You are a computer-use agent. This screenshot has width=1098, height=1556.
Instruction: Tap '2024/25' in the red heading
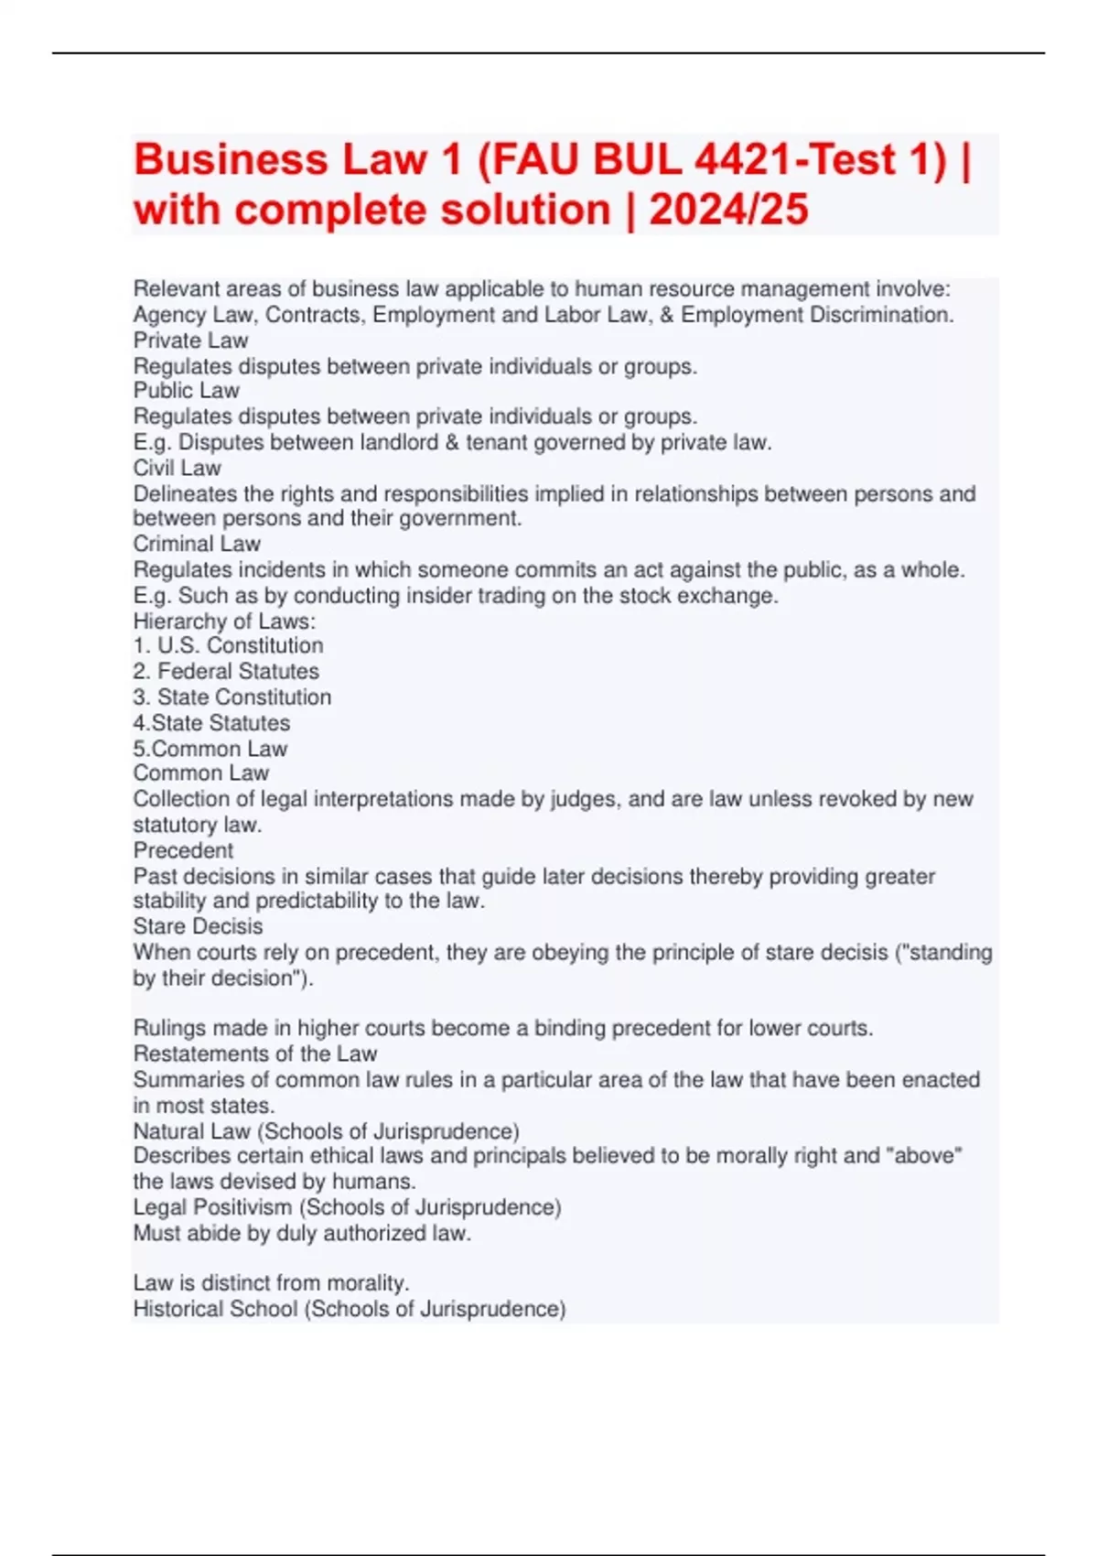(x=728, y=210)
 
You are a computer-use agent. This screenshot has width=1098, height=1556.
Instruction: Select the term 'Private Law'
(x=190, y=340)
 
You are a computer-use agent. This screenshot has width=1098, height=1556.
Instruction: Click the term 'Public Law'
(x=186, y=391)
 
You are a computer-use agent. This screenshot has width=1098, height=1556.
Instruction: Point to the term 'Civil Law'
(x=177, y=468)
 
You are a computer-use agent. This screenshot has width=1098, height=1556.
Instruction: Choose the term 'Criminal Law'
(x=197, y=544)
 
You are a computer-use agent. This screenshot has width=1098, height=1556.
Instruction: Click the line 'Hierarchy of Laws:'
(x=224, y=621)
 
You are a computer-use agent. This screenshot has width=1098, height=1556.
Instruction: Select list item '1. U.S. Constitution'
(x=228, y=645)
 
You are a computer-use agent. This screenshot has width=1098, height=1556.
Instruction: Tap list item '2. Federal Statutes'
(x=226, y=671)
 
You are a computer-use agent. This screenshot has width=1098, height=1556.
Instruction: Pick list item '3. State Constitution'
(x=232, y=697)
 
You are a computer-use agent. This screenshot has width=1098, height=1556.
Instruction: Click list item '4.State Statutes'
(x=211, y=723)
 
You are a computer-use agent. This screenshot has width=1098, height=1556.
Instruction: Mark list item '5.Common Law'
(x=210, y=749)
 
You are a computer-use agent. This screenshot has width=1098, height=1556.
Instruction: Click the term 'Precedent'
(x=183, y=850)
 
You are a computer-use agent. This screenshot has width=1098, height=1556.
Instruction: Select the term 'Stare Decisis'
(x=198, y=926)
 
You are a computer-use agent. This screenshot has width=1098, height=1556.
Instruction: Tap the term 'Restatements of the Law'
(x=254, y=1054)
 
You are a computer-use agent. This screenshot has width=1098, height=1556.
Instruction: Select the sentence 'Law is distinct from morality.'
(x=271, y=1283)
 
